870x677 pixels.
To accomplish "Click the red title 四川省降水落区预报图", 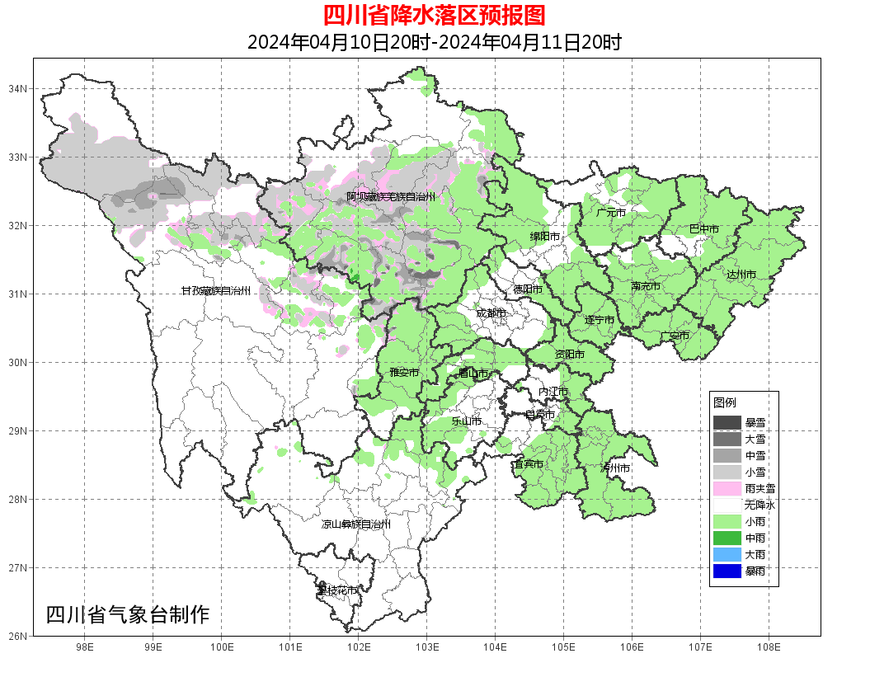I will click(x=435, y=15).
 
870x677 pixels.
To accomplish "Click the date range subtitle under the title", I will click(x=435, y=41).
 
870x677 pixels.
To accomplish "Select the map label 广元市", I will click(x=611, y=212).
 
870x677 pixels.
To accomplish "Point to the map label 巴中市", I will click(x=703, y=228).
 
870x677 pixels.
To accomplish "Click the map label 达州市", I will click(x=741, y=274).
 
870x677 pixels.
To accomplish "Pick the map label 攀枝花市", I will click(x=337, y=590).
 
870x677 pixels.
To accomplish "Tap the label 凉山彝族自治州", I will click(x=355, y=524).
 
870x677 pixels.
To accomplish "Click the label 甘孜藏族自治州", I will click(x=215, y=290).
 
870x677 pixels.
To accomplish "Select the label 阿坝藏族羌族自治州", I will click(x=390, y=196).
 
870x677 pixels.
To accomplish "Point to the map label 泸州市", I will click(x=615, y=468).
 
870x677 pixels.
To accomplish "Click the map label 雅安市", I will click(x=404, y=373).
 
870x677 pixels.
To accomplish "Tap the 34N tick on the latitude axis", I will click(x=18, y=88).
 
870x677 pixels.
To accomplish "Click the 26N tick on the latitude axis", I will click(x=18, y=636).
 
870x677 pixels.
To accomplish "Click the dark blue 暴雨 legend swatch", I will click(x=727, y=571).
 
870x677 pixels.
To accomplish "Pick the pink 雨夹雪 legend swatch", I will click(x=727, y=488).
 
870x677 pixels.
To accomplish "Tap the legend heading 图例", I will click(x=725, y=402).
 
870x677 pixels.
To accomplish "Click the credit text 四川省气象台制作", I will click(x=128, y=614).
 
